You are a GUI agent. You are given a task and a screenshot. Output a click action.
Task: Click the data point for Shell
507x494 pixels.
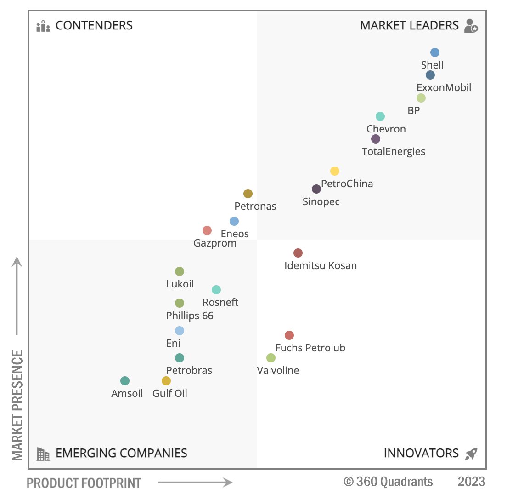pos(434,52)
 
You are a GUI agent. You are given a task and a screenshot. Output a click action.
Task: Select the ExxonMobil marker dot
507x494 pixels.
pos(430,75)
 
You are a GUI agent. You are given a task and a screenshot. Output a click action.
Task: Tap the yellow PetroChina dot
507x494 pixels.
pos(334,171)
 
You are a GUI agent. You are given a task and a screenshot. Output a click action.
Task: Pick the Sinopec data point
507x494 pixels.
pos(316,189)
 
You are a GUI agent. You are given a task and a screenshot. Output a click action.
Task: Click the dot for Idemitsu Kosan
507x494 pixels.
pos(298,253)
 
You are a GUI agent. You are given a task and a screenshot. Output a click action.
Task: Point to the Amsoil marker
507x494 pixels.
pos(124,381)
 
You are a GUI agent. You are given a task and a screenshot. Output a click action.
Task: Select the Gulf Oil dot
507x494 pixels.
pos(166,381)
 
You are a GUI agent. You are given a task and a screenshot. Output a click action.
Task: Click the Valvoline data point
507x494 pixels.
pos(270,358)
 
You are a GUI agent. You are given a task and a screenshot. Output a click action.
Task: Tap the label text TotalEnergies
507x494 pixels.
pos(394,151)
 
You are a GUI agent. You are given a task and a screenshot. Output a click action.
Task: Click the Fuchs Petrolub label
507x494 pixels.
pos(310,348)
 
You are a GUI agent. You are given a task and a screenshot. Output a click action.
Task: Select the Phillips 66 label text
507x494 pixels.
pos(190,316)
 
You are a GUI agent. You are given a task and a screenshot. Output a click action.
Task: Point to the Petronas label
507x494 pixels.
pos(255,206)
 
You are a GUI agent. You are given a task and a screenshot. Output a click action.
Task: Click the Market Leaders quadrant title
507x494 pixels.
pos(409,25)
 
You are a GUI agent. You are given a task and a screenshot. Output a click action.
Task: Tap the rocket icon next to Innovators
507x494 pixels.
pos(471,454)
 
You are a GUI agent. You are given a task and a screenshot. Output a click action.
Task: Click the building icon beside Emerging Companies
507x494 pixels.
pos(43,454)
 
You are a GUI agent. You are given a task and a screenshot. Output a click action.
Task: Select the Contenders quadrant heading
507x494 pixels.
pos(94,25)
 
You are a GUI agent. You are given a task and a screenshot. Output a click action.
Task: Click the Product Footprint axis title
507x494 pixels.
pos(84,483)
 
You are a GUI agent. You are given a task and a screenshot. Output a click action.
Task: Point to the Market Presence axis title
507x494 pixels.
pos(17,405)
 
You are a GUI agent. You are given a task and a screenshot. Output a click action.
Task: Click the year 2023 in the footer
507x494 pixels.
pos(471,482)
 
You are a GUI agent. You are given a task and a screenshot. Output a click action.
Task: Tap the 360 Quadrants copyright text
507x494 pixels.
pos(388,482)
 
